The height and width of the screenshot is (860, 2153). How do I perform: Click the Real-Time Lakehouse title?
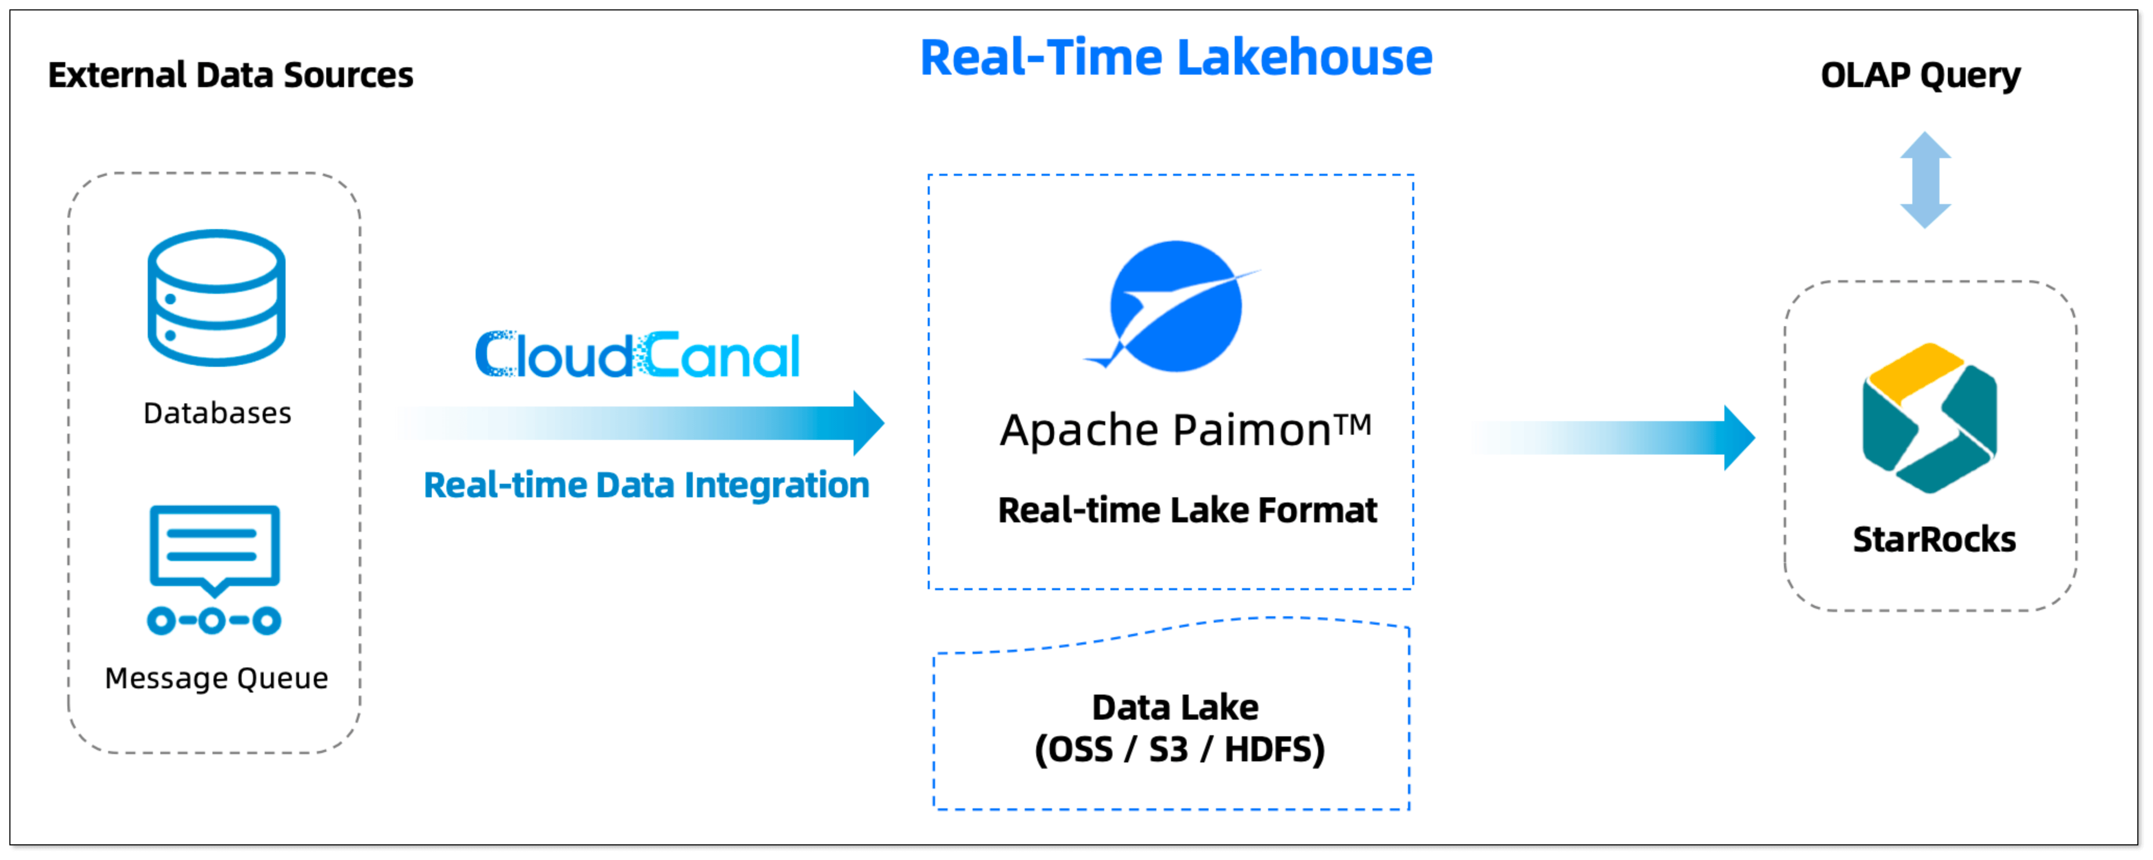coord(1176,58)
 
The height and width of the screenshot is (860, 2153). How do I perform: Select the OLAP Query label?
coord(1920,75)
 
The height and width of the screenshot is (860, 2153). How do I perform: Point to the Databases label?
coord(217,413)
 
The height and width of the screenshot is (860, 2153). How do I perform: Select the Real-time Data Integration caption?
coord(646,485)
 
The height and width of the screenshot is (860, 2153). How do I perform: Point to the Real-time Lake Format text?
coord(1187,510)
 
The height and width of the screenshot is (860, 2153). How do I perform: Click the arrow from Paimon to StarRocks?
coord(1613,438)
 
